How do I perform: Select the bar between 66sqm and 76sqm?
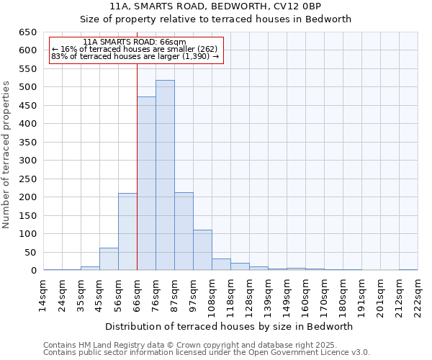pos(146,184)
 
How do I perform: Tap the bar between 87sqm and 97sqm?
pos(184,231)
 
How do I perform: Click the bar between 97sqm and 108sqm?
pos(202,250)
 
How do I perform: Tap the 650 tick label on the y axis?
pos(27,32)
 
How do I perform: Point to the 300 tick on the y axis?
pos(27,161)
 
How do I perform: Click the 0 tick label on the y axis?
pos(33,271)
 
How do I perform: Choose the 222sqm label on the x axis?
pos(418,295)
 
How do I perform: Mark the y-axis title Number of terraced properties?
pos(7,155)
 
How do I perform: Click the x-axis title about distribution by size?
pos(229,326)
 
